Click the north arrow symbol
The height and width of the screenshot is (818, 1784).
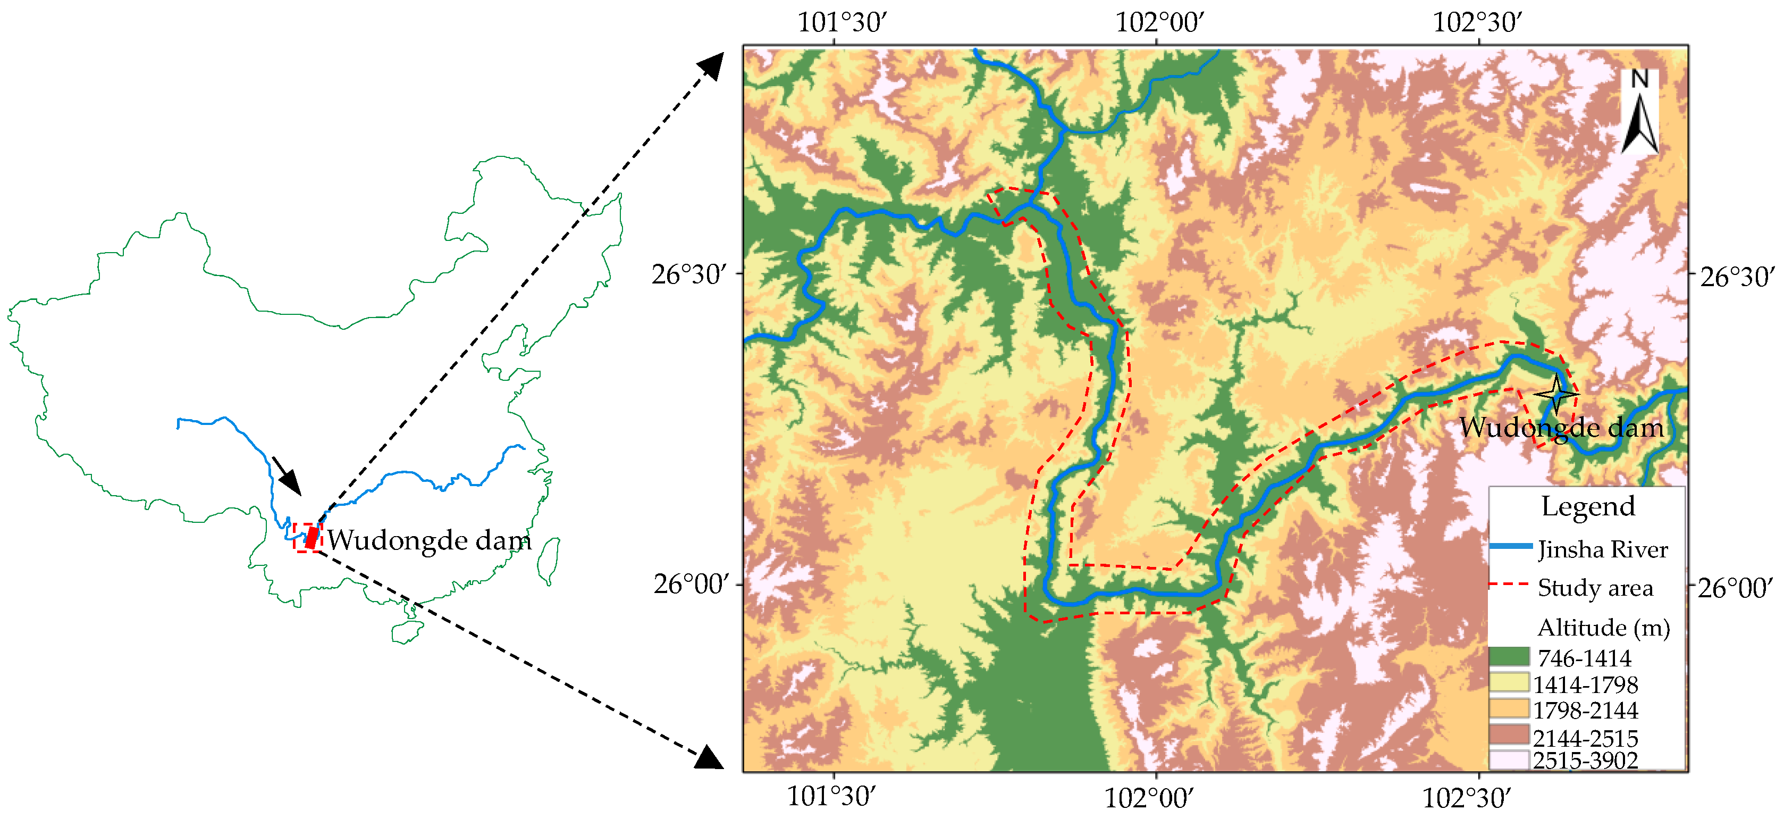click(1639, 114)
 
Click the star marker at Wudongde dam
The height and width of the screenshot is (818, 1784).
click(1556, 394)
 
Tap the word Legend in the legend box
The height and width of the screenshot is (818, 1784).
click(1587, 506)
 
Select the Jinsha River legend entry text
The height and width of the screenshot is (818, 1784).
click(1603, 549)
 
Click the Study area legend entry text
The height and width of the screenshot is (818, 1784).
click(1595, 588)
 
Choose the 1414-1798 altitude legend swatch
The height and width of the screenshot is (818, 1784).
click(1509, 683)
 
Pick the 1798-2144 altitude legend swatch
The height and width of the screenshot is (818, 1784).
click(1509, 708)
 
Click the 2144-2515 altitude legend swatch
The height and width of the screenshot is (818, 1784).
click(1509, 735)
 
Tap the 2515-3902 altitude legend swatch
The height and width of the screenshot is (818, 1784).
click(1509, 760)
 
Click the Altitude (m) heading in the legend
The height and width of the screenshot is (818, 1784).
click(1603, 628)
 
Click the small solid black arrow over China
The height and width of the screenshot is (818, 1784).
click(287, 477)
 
